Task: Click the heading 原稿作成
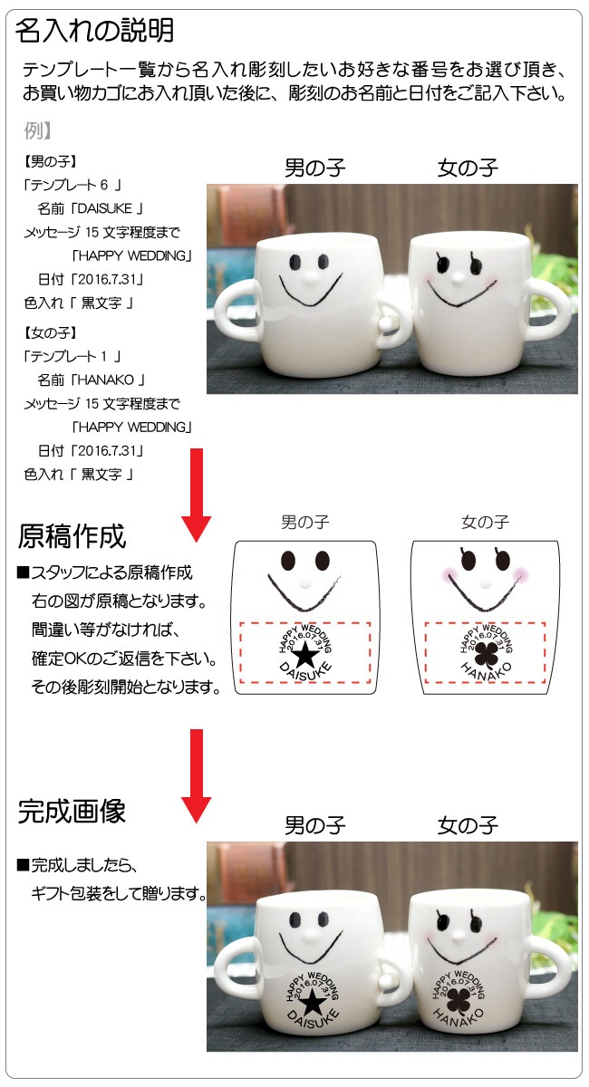tap(72, 536)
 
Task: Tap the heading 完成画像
tap(72, 811)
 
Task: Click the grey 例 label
tap(37, 130)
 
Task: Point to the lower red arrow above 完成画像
tap(196, 771)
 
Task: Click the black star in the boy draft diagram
tap(306, 651)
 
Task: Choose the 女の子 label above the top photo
tap(468, 168)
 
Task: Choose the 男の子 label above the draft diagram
tap(304, 522)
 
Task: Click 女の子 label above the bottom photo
tap(468, 825)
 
